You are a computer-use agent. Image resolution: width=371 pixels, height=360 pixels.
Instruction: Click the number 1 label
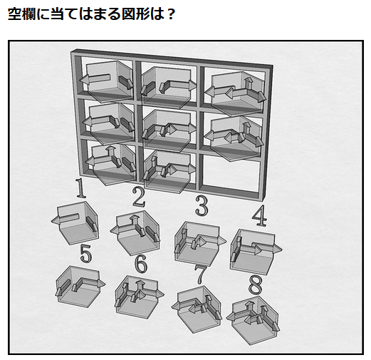[x=80, y=188]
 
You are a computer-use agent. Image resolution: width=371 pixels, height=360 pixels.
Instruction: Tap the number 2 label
[x=139, y=197]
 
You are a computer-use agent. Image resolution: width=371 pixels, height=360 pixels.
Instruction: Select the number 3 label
[x=202, y=206]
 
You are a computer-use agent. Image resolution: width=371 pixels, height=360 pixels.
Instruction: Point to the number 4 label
[x=259, y=215]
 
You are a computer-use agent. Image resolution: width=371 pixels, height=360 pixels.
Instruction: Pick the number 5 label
[x=86, y=253]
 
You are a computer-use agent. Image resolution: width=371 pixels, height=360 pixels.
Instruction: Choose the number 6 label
[x=141, y=263]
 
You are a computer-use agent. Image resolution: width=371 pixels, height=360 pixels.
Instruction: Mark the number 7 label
[x=202, y=274]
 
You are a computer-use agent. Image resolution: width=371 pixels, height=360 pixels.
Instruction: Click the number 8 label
[x=256, y=284]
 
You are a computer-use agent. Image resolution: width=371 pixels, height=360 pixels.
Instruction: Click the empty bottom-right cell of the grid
[x=230, y=175]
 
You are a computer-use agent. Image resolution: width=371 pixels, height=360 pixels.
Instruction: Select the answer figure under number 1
[x=75, y=223]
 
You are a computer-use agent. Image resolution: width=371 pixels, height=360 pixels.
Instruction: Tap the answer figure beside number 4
[x=255, y=252]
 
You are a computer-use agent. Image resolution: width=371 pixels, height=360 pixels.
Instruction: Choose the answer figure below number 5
[x=80, y=287]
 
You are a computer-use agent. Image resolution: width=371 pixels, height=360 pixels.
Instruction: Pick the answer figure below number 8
[x=254, y=320]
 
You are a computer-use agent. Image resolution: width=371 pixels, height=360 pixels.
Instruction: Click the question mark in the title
[x=170, y=14]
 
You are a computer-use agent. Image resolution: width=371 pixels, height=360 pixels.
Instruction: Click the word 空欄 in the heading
[x=22, y=14]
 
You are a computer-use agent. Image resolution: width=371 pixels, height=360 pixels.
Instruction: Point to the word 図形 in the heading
[x=136, y=14]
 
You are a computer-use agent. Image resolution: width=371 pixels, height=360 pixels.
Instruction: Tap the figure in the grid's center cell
[x=168, y=130]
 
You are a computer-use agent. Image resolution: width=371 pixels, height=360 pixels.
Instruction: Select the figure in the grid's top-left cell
[x=107, y=81]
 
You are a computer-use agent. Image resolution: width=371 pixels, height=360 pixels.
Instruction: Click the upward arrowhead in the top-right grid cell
[x=249, y=81]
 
